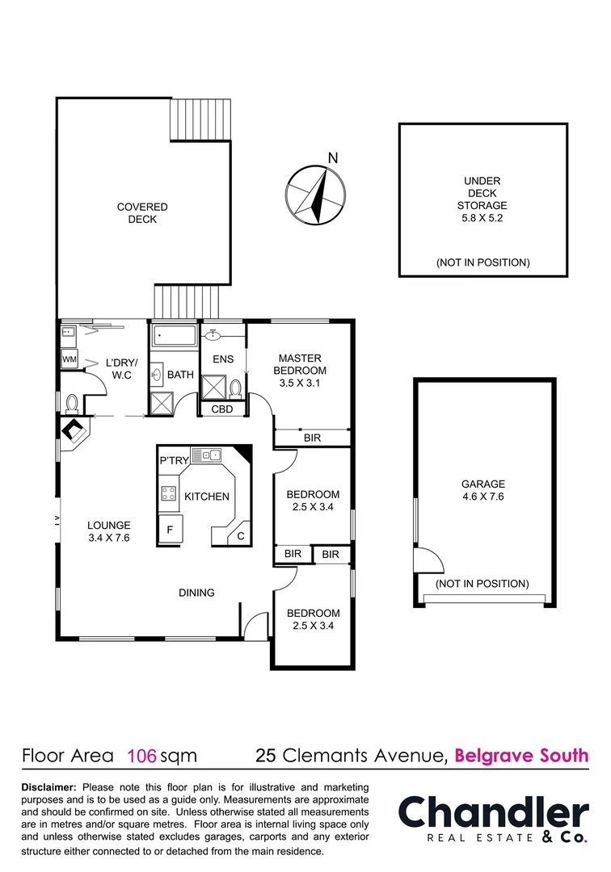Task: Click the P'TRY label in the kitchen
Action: (x=174, y=460)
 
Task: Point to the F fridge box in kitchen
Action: (x=170, y=530)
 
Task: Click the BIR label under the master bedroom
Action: (x=312, y=438)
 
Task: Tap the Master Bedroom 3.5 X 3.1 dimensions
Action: (x=300, y=384)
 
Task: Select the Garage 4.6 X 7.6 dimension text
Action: (x=484, y=497)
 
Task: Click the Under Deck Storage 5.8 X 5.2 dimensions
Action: (x=482, y=217)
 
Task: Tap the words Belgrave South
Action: (x=521, y=757)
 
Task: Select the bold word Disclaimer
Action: (x=48, y=787)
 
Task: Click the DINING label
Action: (x=196, y=593)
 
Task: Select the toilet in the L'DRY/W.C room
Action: (x=72, y=401)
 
